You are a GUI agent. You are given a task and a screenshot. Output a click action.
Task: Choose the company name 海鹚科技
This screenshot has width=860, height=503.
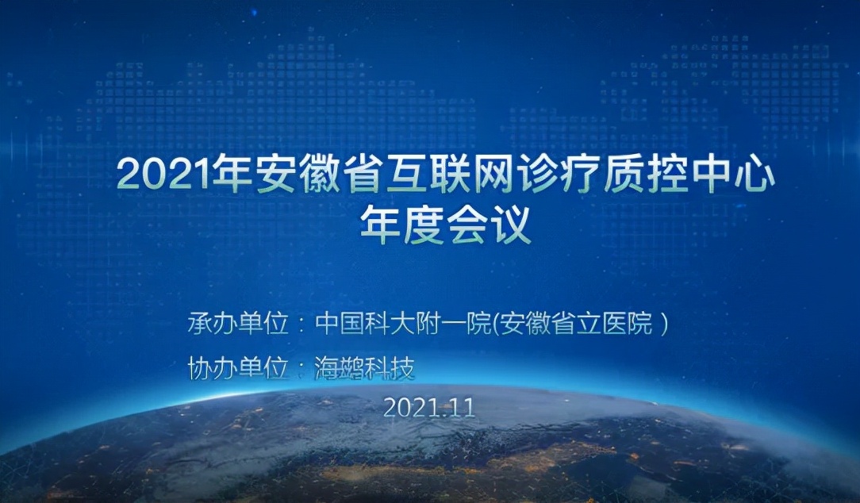pyautogui.click(x=364, y=368)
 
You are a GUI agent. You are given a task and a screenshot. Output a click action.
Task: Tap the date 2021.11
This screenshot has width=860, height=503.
pyautogui.click(x=428, y=408)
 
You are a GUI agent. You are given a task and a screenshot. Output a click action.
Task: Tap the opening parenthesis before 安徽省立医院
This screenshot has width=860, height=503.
pyautogui.click(x=497, y=324)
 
